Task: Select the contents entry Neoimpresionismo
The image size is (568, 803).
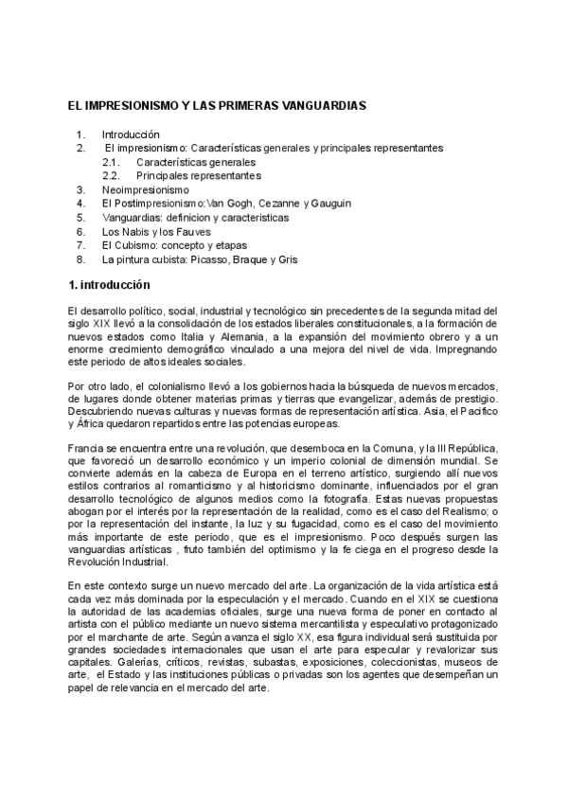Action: pos(146,189)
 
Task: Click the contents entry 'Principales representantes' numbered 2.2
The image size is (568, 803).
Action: pos(198,176)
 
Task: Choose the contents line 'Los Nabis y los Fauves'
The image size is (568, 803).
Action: pos(156,231)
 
